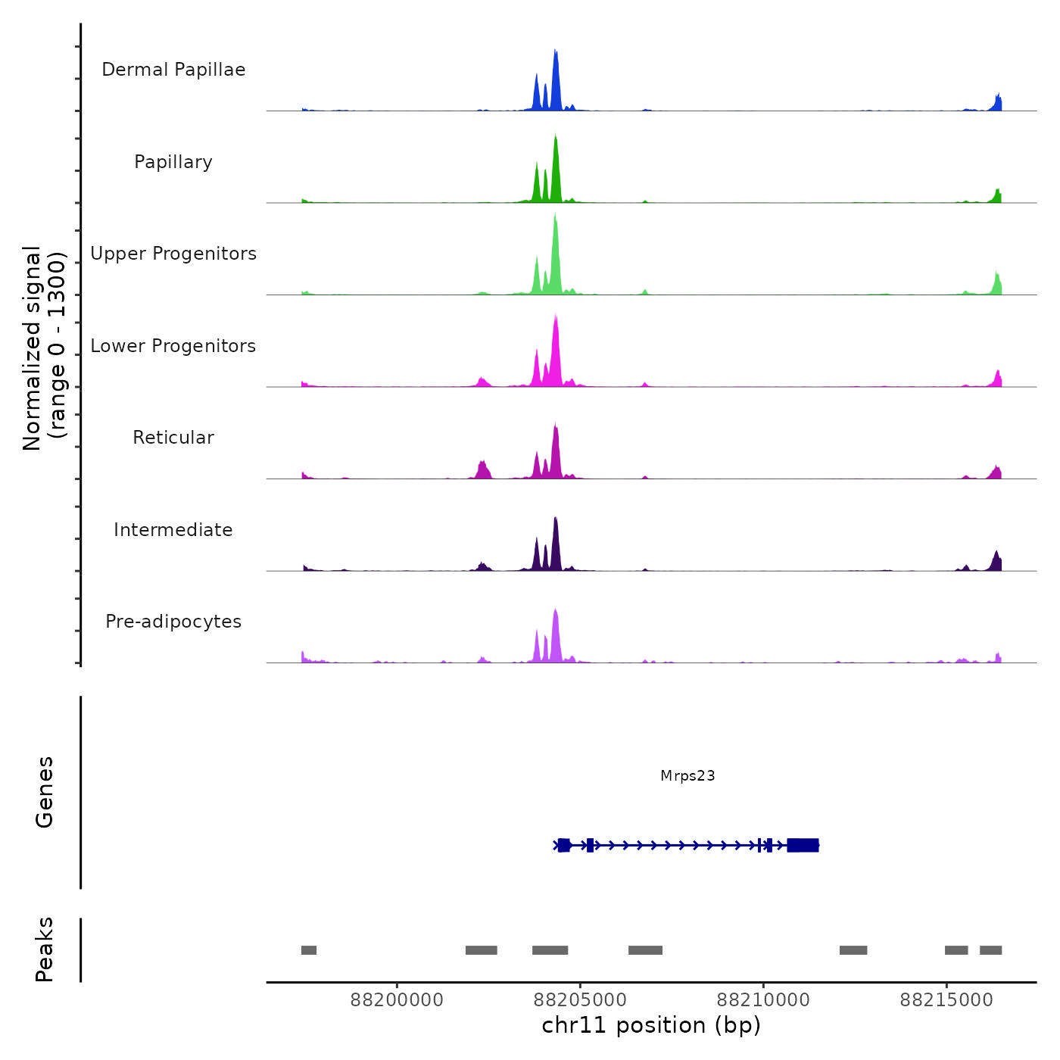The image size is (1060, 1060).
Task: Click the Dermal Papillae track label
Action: click(x=173, y=70)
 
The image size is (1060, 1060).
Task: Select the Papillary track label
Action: click(x=173, y=162)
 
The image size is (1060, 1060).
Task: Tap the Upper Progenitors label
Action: click(x=173, y=254)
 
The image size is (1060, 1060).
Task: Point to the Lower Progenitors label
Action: click(x=173, y=346)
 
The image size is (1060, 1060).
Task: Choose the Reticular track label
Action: click(x=173, y=438)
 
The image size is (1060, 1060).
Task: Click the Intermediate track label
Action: click(x=173, y=530)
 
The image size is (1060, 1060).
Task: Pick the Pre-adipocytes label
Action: click(x=173, y=622)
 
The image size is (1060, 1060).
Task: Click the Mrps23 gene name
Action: click(x=687, y=775)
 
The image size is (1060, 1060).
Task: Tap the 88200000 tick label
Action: click(x=397, y=1000)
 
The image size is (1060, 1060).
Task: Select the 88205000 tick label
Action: click(x=580, y=1000)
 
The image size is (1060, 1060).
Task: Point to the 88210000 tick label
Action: click(x=763, y=1000)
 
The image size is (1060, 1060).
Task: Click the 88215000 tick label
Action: click(x=946, y=1000)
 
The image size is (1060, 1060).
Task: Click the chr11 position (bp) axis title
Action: click(x=651, y=1025)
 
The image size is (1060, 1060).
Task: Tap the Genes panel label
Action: click(x=45, y=792)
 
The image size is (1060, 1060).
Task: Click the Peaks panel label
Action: click(x=45, y=949)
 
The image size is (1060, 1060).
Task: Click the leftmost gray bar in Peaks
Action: click(x=309, y=950)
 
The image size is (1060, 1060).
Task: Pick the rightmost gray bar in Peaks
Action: click(x=990, y=950)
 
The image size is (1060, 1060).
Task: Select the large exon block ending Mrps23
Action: click(x=803, y=845)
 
